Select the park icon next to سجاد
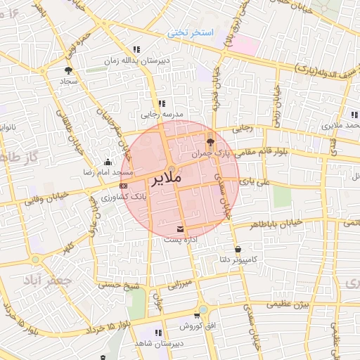[x=68, y=70]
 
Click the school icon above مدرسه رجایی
[x=162, y=103]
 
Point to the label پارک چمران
[x=211, y=152]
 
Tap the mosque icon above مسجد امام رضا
[x=107, y=161]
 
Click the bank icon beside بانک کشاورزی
[x=124, y=186]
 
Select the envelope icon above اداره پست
[x=181, y=229]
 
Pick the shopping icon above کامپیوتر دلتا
[x=238, y=249]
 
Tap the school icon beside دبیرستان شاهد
[x=158, y=332]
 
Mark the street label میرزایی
[x=179, y=285]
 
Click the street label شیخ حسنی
[x=118, y=285]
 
